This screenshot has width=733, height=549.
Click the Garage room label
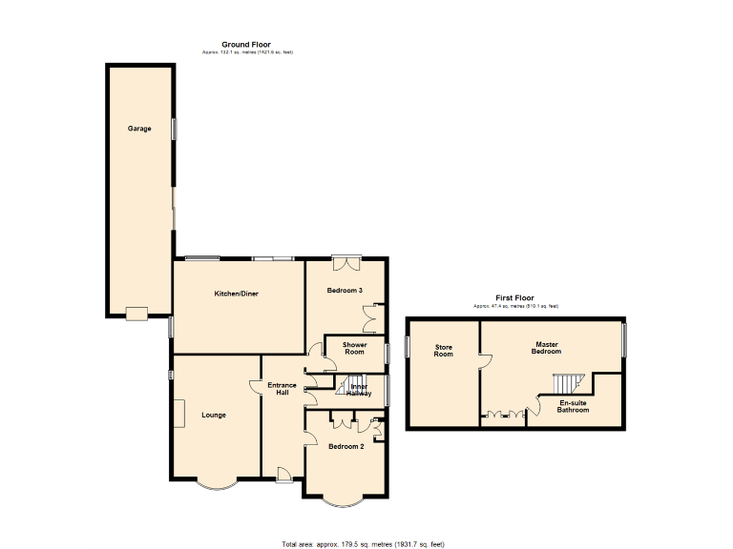(140, 129)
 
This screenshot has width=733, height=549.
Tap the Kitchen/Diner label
(236, 294)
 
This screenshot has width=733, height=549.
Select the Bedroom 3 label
(345, 290)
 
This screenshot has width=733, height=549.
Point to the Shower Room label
(355, 349)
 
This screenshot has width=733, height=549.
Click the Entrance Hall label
(283, 389)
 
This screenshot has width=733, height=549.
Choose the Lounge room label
(214, 415)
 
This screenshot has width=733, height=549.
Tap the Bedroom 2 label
(346, 446)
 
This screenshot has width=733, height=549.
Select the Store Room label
(444, 351)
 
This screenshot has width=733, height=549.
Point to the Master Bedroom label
(546, 348)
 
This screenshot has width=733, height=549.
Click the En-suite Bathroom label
(573, 407)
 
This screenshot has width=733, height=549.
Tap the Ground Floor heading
(247, 45)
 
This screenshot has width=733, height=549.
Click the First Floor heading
(514, 298)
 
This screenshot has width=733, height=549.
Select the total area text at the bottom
(363, 543)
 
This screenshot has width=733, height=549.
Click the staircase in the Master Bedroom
(565, 383)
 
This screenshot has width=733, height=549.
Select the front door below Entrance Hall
(283, 474)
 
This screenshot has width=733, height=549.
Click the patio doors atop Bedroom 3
(346, 257)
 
